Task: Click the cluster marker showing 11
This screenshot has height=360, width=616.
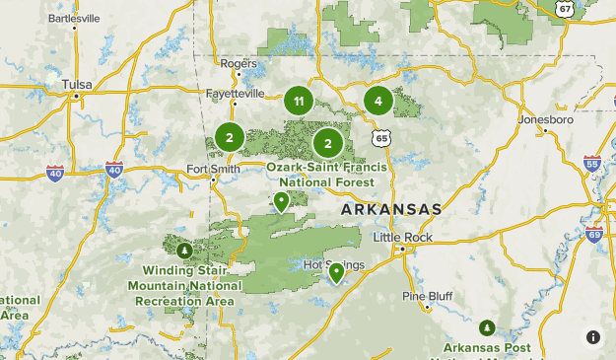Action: [299, 101]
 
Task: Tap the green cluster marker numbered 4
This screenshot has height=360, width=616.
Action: [377, 101]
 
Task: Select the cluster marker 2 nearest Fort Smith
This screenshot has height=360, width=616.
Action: [229, 138]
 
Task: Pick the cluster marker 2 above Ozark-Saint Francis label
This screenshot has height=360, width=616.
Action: [328, 144]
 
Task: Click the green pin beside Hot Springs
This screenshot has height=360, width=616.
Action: [336, 272]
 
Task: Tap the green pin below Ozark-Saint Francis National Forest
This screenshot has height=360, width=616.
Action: [281, 202]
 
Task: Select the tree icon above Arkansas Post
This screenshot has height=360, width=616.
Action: [486, 326]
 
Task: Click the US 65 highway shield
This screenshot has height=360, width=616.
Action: [381, 138]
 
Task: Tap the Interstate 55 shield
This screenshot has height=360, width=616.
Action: [591, 163]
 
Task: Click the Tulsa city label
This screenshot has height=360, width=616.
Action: [76, 85]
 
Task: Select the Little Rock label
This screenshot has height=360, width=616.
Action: [403, 237]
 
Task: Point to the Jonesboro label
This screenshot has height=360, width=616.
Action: [545, 119]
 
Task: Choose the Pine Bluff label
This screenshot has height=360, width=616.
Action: [427, 296]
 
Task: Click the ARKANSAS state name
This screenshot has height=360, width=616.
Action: [391, 210]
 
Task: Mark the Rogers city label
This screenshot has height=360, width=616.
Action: [239, 63]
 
